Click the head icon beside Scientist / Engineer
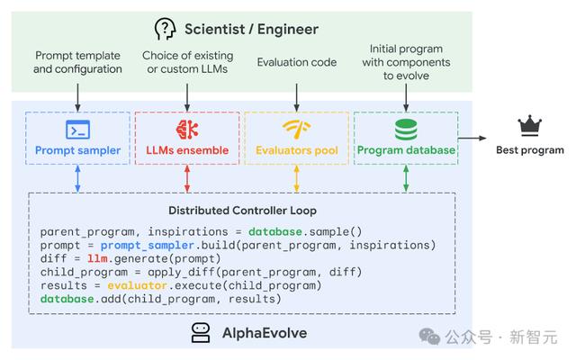165,29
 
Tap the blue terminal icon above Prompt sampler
78,130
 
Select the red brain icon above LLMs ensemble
187,130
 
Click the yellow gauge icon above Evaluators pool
297,130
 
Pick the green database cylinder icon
406,130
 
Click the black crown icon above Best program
530,126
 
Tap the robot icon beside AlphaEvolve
201,333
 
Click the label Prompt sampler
78,150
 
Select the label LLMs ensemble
187,150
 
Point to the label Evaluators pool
297,150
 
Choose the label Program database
406,150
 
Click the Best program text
530,150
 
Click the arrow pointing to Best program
472,138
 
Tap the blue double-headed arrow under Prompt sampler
78,178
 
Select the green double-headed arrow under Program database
406,178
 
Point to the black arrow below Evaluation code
297,97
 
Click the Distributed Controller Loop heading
242,211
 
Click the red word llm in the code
97,258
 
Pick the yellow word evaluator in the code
138,285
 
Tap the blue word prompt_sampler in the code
148,246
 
